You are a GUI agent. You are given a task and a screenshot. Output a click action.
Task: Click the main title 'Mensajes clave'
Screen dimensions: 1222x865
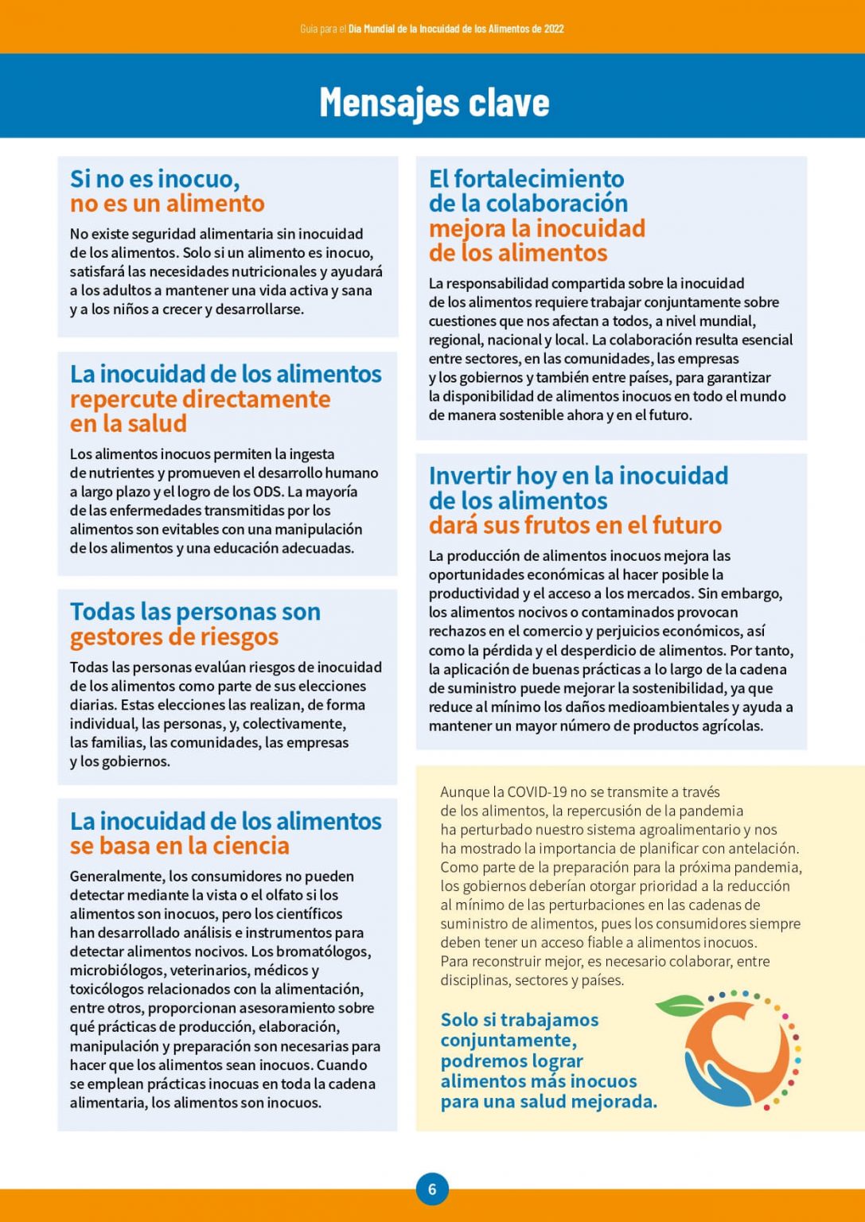(434, 102)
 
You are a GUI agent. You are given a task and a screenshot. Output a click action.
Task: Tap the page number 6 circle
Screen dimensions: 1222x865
(432, 1189)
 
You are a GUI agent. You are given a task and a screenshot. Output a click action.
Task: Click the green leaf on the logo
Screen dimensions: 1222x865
(680, 1006)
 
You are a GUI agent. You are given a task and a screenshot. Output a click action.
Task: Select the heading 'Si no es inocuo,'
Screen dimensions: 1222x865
(154, 178)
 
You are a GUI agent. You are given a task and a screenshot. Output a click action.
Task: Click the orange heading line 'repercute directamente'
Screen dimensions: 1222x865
(200, 399)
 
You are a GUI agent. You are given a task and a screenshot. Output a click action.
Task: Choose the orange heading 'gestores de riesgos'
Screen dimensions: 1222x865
(174, 636)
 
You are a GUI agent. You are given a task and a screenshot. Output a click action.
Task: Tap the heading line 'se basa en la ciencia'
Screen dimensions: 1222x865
(179, 846)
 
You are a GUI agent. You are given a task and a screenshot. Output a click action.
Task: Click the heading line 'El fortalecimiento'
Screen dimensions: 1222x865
(526, 178)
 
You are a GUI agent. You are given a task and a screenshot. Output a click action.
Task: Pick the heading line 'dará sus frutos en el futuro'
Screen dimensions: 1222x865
(575, 525)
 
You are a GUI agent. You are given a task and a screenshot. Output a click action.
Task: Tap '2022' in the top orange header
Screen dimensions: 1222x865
(554, 29)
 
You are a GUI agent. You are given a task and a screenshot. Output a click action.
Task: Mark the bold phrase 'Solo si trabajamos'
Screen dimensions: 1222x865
(519, 1020)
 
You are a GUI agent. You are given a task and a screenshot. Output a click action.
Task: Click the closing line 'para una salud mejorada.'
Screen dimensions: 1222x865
(548, 1102)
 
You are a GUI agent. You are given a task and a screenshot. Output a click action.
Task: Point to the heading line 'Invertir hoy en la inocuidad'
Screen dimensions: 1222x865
(578, 476)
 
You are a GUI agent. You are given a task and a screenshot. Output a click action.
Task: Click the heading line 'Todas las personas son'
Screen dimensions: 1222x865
(195, 612)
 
